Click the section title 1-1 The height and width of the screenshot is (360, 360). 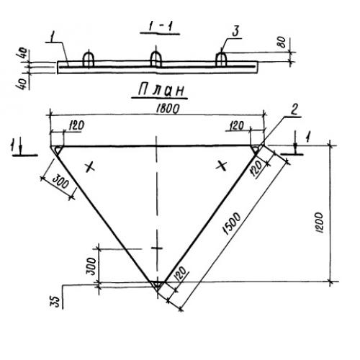160,27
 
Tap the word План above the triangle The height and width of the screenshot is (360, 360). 161,90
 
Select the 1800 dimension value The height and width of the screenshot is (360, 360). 168,109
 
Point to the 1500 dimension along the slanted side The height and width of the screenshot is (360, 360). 232,223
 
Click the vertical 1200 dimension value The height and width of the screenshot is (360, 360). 320,222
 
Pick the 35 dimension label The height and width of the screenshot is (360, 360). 55,302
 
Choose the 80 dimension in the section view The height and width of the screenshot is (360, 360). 282,42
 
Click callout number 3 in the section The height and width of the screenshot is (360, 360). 235,32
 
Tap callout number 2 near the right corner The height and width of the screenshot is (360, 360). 294,109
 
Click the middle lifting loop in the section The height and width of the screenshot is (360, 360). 156,59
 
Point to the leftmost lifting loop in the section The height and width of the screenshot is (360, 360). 88,59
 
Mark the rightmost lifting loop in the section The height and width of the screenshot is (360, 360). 221,59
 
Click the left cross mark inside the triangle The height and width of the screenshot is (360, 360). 90,167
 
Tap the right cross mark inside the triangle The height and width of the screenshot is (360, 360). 222,166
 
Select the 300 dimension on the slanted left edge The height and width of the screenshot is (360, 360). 60,181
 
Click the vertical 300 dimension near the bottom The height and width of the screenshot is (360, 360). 91,266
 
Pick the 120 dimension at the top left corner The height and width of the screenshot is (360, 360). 77,125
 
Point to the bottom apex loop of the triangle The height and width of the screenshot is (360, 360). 157,284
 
